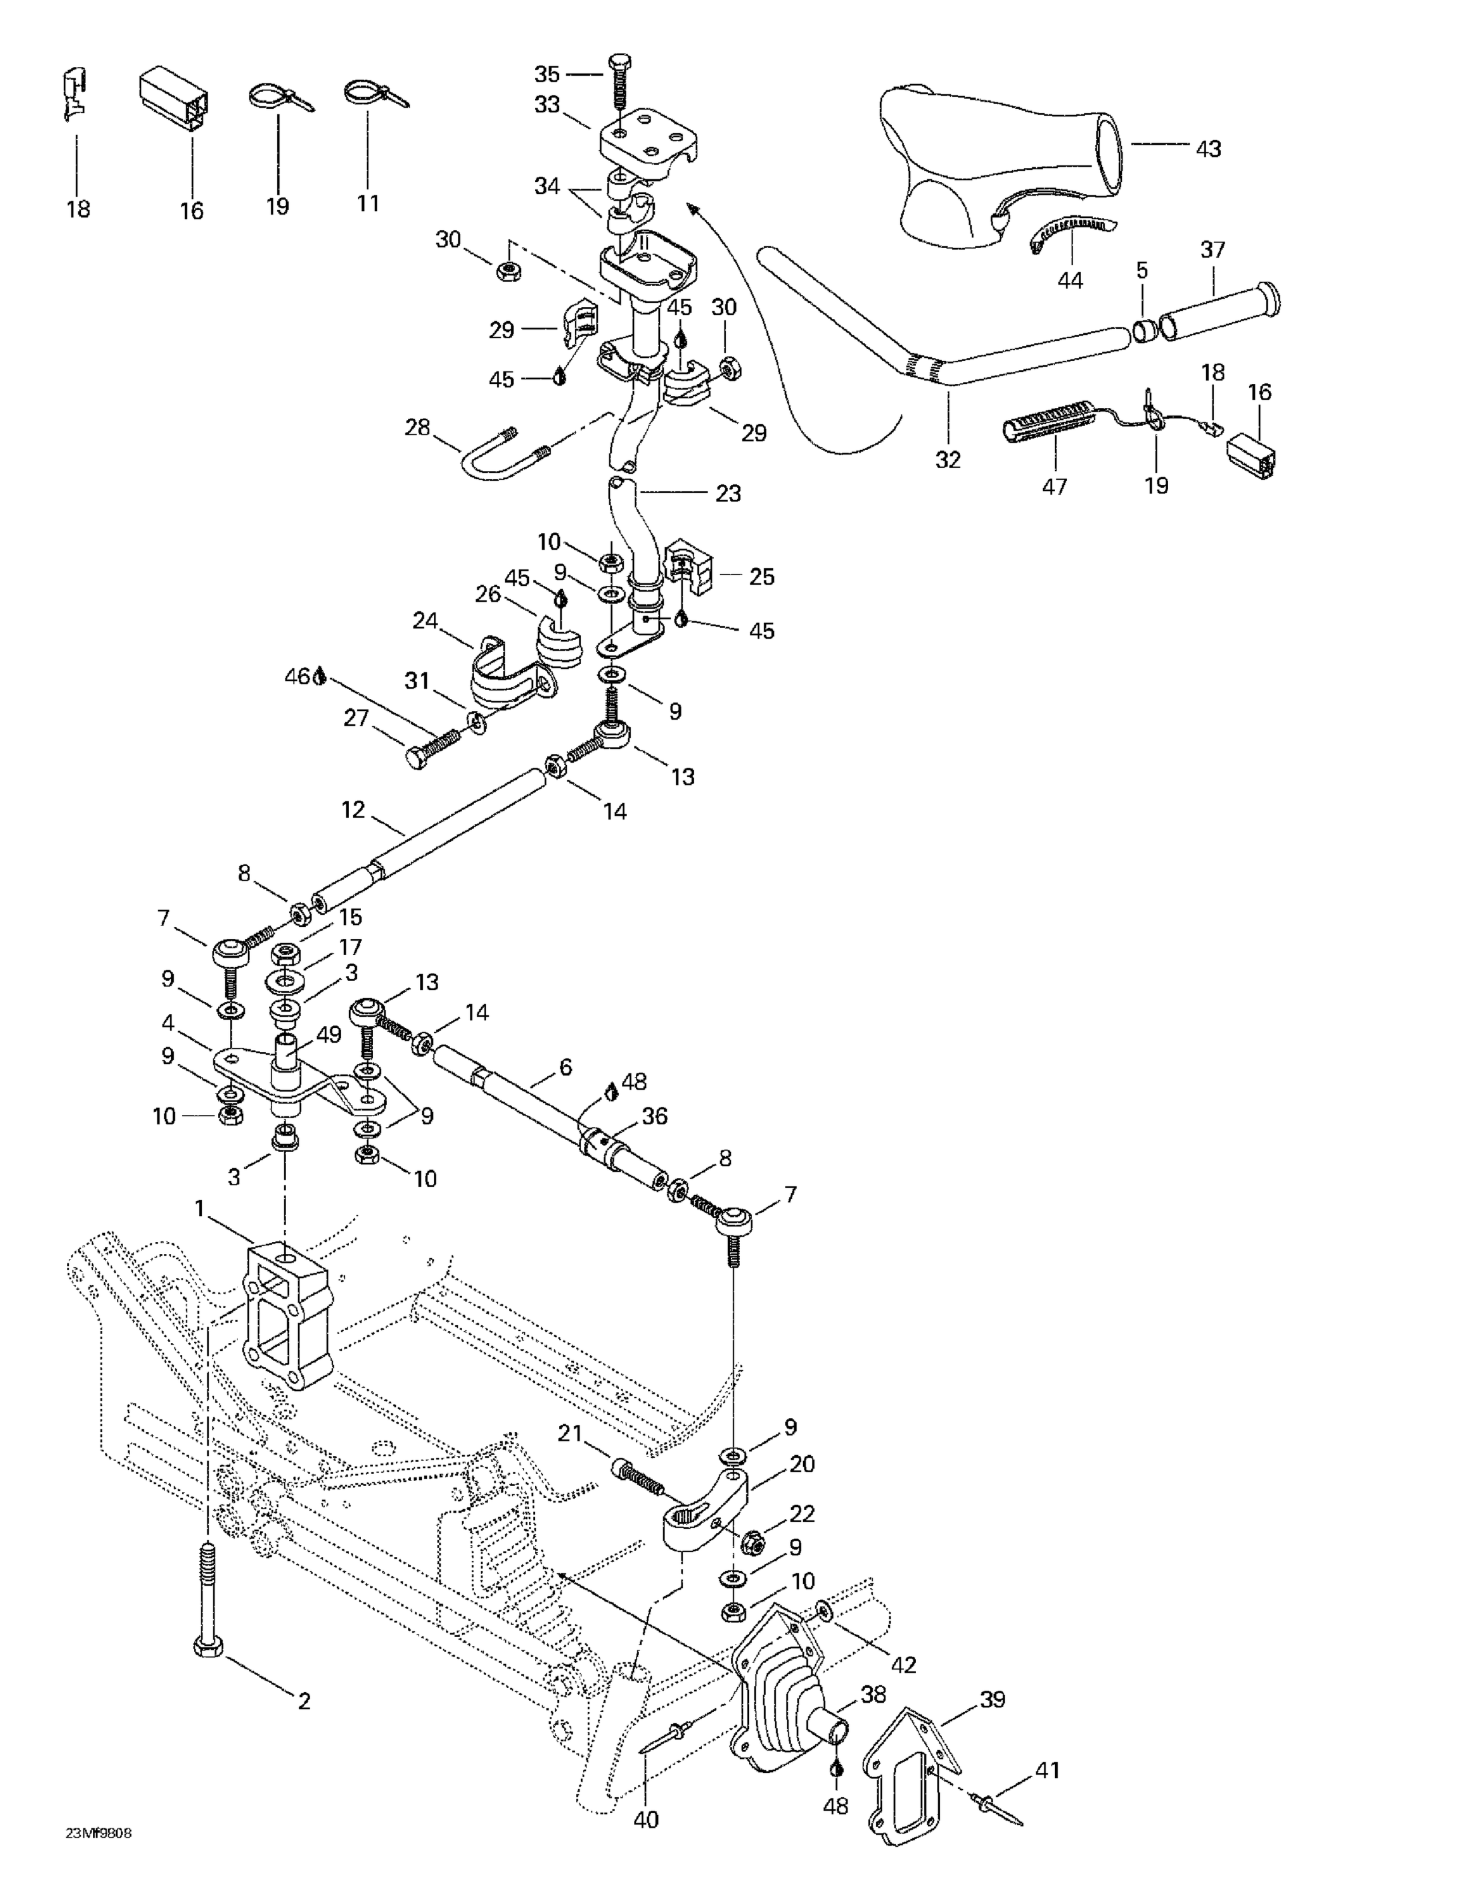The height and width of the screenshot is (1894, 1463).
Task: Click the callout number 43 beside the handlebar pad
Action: (x=1208, y=149)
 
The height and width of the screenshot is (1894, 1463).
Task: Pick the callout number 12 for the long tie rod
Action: (x=353, y=809)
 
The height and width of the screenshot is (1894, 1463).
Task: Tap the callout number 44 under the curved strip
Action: (x=1070, y=281)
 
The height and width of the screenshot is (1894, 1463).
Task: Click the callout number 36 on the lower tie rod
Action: (x=654, y=1116)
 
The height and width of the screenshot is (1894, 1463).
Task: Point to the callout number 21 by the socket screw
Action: (x=569, y=1434)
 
